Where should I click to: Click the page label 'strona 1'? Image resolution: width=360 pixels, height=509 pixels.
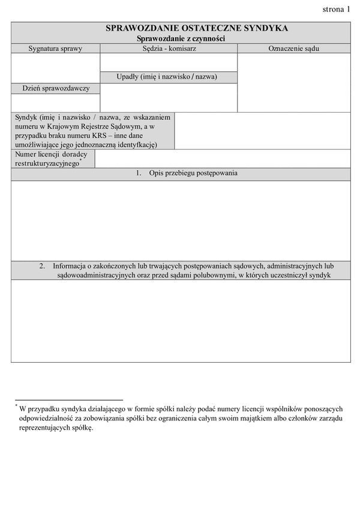(x=335, y=9)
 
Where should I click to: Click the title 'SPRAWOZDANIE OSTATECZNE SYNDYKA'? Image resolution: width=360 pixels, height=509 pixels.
(x=196, y=28)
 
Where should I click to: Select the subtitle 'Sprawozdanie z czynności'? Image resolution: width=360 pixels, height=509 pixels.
(x=181, y=38)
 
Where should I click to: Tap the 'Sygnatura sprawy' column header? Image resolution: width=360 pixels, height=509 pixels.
(x=55, y=48)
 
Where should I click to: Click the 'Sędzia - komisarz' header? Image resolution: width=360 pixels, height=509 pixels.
(x=169, y=48)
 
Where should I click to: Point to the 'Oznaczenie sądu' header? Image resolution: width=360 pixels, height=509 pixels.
(x=293, y=48)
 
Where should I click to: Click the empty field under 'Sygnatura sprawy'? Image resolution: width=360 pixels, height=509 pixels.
(x=55, y=68)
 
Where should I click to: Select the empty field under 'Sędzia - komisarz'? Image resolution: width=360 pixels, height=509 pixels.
(x=169, y=62)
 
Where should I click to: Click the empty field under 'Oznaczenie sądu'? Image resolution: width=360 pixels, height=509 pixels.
(x=293, y=82)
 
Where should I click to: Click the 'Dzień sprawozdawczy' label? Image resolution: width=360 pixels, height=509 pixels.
(x=56, y=88)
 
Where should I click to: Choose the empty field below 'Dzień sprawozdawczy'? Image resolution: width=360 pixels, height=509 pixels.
(x=55, y=103)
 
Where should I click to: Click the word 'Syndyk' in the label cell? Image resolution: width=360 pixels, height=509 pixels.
(x=26, y=118)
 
